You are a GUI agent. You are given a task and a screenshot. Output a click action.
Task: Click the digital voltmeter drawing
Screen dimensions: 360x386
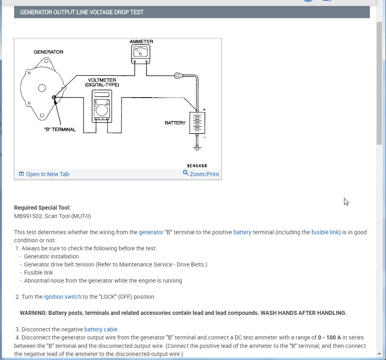click(x=102, y=106)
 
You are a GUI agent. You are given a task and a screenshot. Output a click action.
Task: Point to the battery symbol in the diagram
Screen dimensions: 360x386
click(x=197, y=123)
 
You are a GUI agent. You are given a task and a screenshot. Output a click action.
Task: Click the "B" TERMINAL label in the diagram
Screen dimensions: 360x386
click(x=60, y=129)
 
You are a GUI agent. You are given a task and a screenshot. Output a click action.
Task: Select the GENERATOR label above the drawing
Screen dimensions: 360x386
click(x=48, y=52)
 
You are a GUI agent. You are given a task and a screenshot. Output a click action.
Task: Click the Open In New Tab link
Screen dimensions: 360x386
click(x=47, y=174)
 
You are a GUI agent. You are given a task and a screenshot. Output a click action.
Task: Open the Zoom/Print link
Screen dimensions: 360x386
click(x=204, y=174)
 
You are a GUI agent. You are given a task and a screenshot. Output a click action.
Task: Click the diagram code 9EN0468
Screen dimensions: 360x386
click(x=197, y=166)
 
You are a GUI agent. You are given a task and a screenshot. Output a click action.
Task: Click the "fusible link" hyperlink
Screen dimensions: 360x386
click(x=325, y=232)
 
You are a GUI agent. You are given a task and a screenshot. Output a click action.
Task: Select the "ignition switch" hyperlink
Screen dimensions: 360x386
click(x=63, y=297)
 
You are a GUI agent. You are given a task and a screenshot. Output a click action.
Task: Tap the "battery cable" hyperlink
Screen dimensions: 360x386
click(x=101, y=329)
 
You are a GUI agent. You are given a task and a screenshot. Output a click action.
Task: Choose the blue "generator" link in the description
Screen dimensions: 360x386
click(x=151, y=232)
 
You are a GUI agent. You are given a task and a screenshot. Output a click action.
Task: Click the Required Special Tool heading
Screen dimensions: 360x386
click(x=42, y=208)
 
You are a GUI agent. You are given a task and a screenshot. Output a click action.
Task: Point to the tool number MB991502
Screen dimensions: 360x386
click(x=29, y=216)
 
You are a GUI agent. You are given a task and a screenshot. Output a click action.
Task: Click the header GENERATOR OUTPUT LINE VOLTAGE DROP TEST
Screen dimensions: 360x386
click(x=82, y=12)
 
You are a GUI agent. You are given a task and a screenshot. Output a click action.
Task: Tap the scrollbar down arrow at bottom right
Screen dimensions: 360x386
click(x=379, y=354)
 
